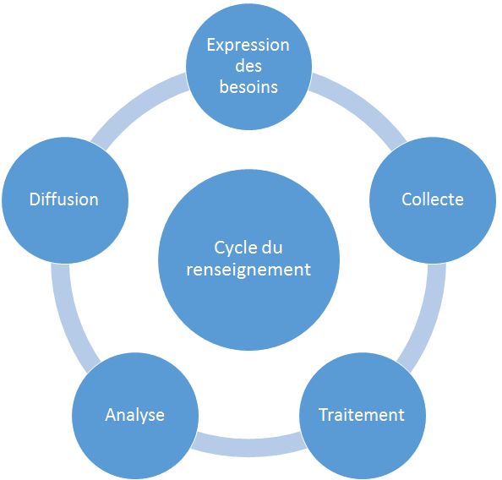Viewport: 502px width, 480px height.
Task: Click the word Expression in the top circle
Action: (248, 46)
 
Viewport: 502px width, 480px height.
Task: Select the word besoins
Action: (248, 87)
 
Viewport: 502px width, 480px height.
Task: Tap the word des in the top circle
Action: (248, 66)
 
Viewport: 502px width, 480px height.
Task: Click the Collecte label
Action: (433, 199)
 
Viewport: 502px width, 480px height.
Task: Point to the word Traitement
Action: (362, 415)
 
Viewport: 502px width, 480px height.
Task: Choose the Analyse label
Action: (134, 416)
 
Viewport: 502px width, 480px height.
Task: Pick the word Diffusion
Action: (64, 199)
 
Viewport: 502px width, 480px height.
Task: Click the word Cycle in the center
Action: (235, 248)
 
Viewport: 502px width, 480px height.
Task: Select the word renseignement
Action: (248, 270)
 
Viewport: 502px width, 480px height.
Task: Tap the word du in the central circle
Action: (272, 248)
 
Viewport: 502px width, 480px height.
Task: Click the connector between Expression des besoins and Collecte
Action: (359, 107)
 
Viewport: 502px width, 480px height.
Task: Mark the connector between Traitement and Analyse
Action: (248, 445)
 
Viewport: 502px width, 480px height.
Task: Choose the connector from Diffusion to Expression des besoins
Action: (138, 107)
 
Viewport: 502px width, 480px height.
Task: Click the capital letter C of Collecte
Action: (407, 199)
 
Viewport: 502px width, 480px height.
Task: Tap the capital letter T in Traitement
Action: (324, 415)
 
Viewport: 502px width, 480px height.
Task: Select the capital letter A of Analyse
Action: (111, 415)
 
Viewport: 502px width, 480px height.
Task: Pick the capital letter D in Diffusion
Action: (35, 199)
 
